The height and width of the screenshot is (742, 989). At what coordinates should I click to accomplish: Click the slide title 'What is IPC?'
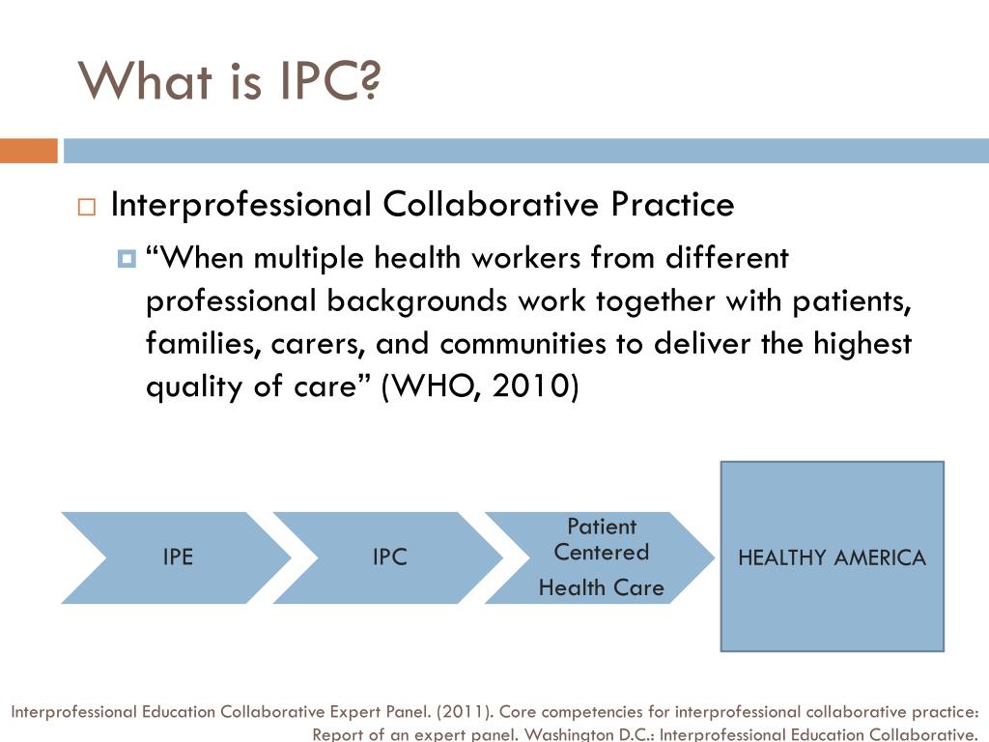(229, 80)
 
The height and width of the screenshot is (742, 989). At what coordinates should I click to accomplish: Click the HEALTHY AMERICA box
(832, 556)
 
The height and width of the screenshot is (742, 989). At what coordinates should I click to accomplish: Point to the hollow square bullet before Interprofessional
(87, 207)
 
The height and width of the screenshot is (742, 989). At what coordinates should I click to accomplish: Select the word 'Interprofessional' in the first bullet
(241, 205)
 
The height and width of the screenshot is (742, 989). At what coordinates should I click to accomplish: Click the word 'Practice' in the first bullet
(672, 205)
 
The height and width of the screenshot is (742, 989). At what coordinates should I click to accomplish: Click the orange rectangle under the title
(29, 151)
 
